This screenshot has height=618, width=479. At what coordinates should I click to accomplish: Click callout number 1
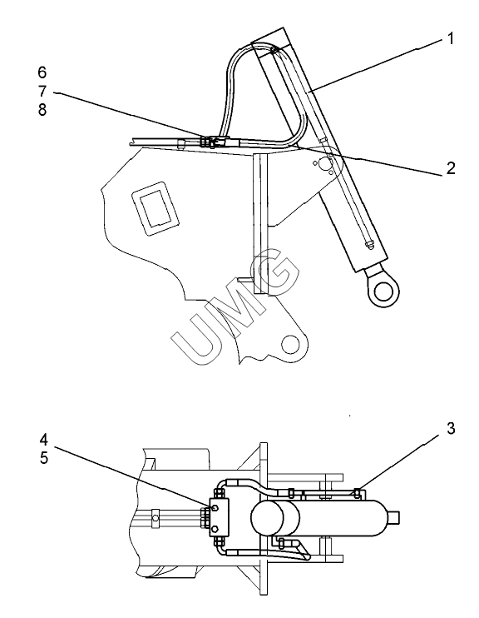click(x=451, y=38)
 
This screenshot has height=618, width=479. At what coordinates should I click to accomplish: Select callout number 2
click(x=451, y=168)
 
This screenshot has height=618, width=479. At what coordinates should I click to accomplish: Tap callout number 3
click(x=451, y=428)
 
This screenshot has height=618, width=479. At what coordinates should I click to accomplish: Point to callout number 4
click(x=44, y=440)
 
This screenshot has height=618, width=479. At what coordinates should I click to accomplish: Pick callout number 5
click(x=44, y=458)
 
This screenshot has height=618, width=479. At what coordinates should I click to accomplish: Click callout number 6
click(x=42, y=72)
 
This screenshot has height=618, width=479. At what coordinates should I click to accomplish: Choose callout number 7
click(x=42, y=91)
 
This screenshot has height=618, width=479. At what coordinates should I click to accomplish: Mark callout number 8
click(x=42, y=110)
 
